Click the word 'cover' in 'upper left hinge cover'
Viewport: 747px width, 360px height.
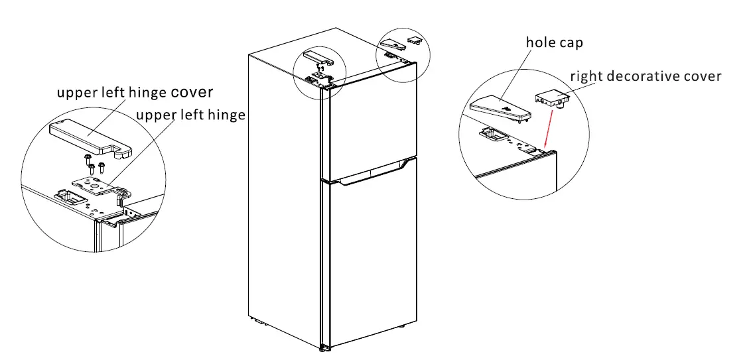192,92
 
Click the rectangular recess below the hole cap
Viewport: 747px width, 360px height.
492,135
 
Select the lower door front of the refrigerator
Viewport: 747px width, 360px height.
372,259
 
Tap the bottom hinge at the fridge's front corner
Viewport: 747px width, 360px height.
324,347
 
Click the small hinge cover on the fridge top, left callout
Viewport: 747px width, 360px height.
318,58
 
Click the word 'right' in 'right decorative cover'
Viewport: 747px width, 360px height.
586,76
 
